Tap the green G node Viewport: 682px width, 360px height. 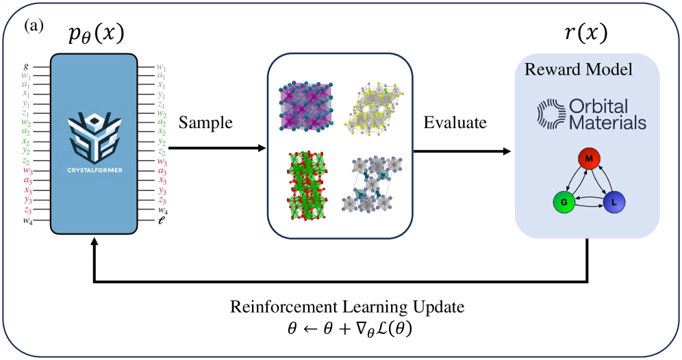tap(563, 203)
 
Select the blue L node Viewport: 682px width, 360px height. tap(614, 202)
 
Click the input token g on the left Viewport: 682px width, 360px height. tap(25, 66)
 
